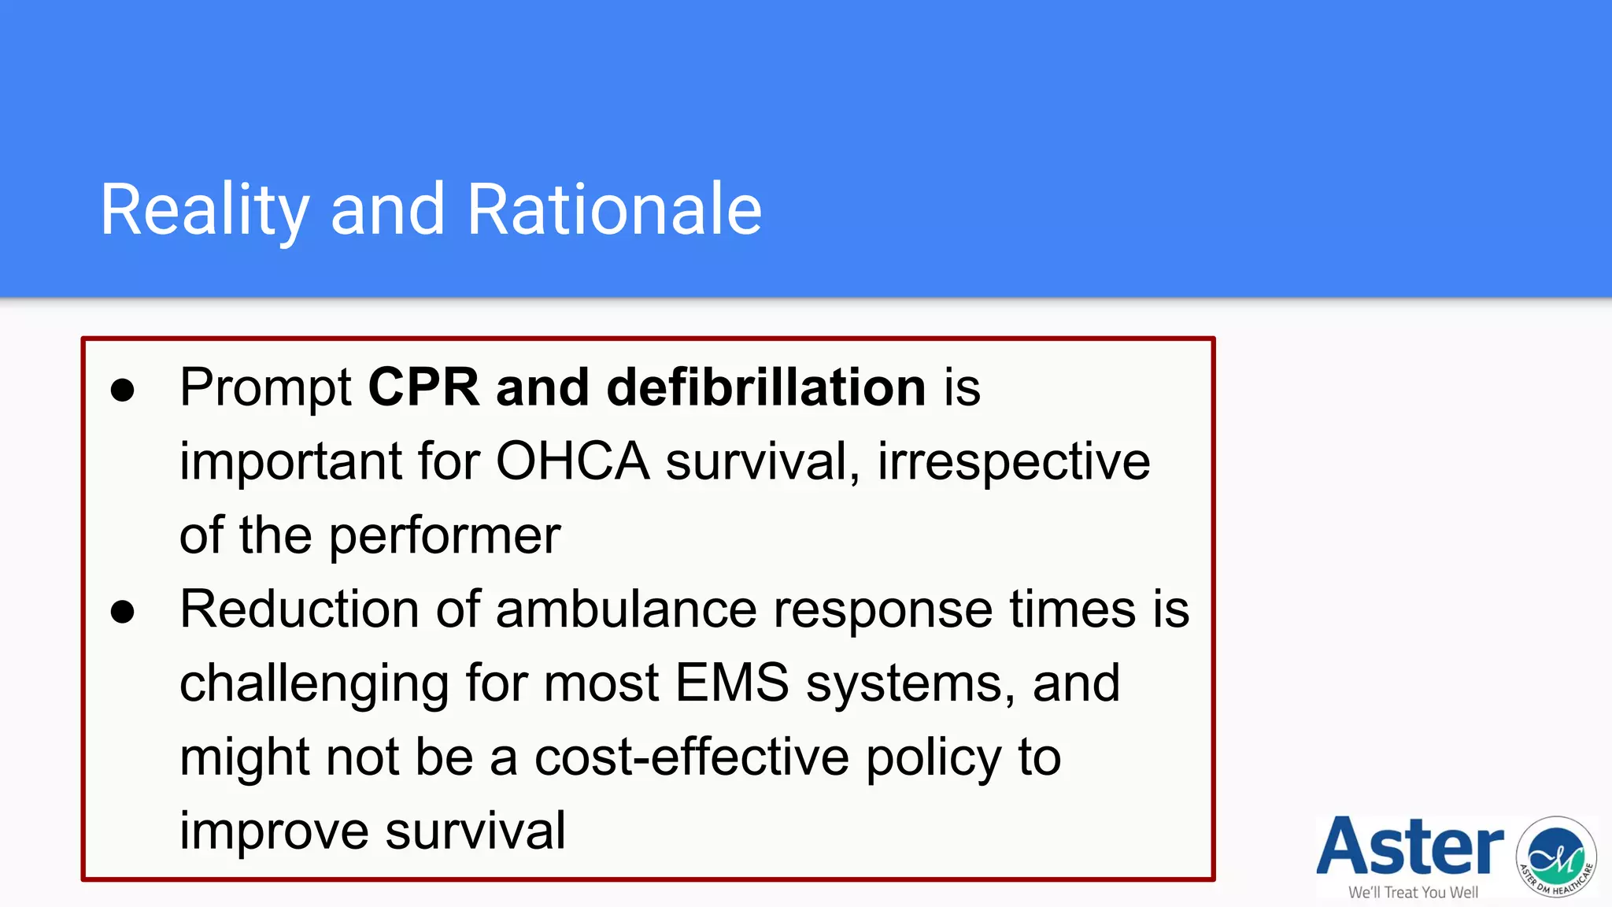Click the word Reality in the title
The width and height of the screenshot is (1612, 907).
(205, 209)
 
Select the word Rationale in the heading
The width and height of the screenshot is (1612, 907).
(614, 209)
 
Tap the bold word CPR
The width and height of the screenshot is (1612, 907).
(423, 387)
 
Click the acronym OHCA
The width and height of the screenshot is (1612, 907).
(572, 461)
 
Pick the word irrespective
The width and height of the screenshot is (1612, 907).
(1014, 461)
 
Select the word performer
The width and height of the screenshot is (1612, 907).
(445, 535)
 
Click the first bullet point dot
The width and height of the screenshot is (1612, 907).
(123, 390)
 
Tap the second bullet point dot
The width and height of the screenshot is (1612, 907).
(123, 612)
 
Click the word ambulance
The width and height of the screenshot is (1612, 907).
(626, 609)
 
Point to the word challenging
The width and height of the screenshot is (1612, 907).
(314, 683)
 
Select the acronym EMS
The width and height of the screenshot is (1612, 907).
(732, 683)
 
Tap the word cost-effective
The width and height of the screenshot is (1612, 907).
(692, 757)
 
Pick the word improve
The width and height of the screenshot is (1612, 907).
(274, 831)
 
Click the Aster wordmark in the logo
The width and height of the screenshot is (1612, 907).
(1410, 847)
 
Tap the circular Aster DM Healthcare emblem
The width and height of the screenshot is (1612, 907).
(1556, 857)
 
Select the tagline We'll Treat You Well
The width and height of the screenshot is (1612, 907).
(1413, 892)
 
